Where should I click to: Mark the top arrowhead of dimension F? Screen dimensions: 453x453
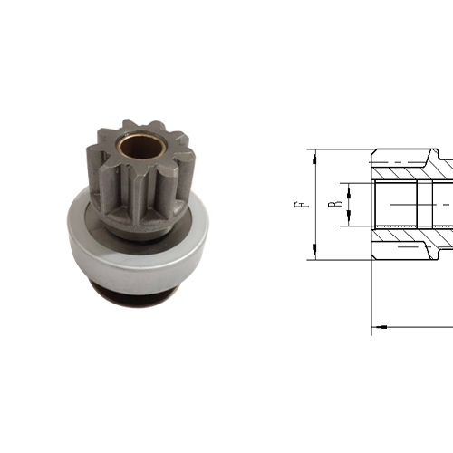tap(315, 155)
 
